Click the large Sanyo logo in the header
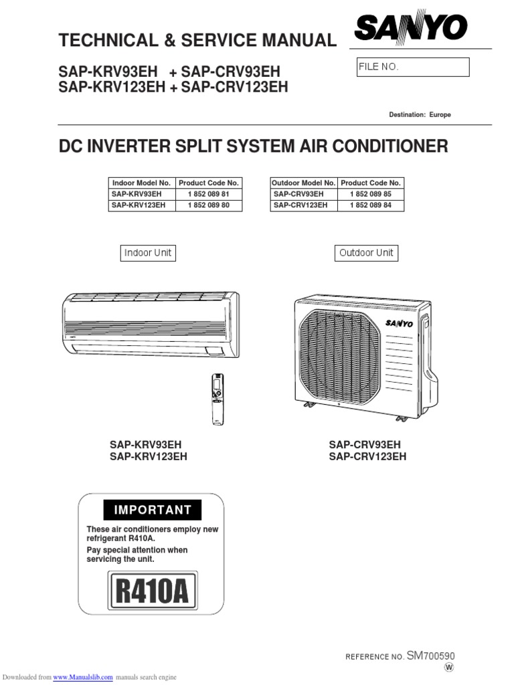410,27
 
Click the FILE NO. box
413,68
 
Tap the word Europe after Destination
440,115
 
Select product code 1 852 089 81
209,194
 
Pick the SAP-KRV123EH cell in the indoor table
139,205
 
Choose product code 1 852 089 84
371,205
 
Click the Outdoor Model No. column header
303,183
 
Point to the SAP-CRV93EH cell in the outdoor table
298,194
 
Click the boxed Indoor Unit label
148,253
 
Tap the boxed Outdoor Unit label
366,253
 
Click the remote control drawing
218,399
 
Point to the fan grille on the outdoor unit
340,355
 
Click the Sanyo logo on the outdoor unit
399,324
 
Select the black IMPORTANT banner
153,510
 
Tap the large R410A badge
152,591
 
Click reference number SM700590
430,656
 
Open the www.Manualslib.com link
83,677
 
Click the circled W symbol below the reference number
449,668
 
